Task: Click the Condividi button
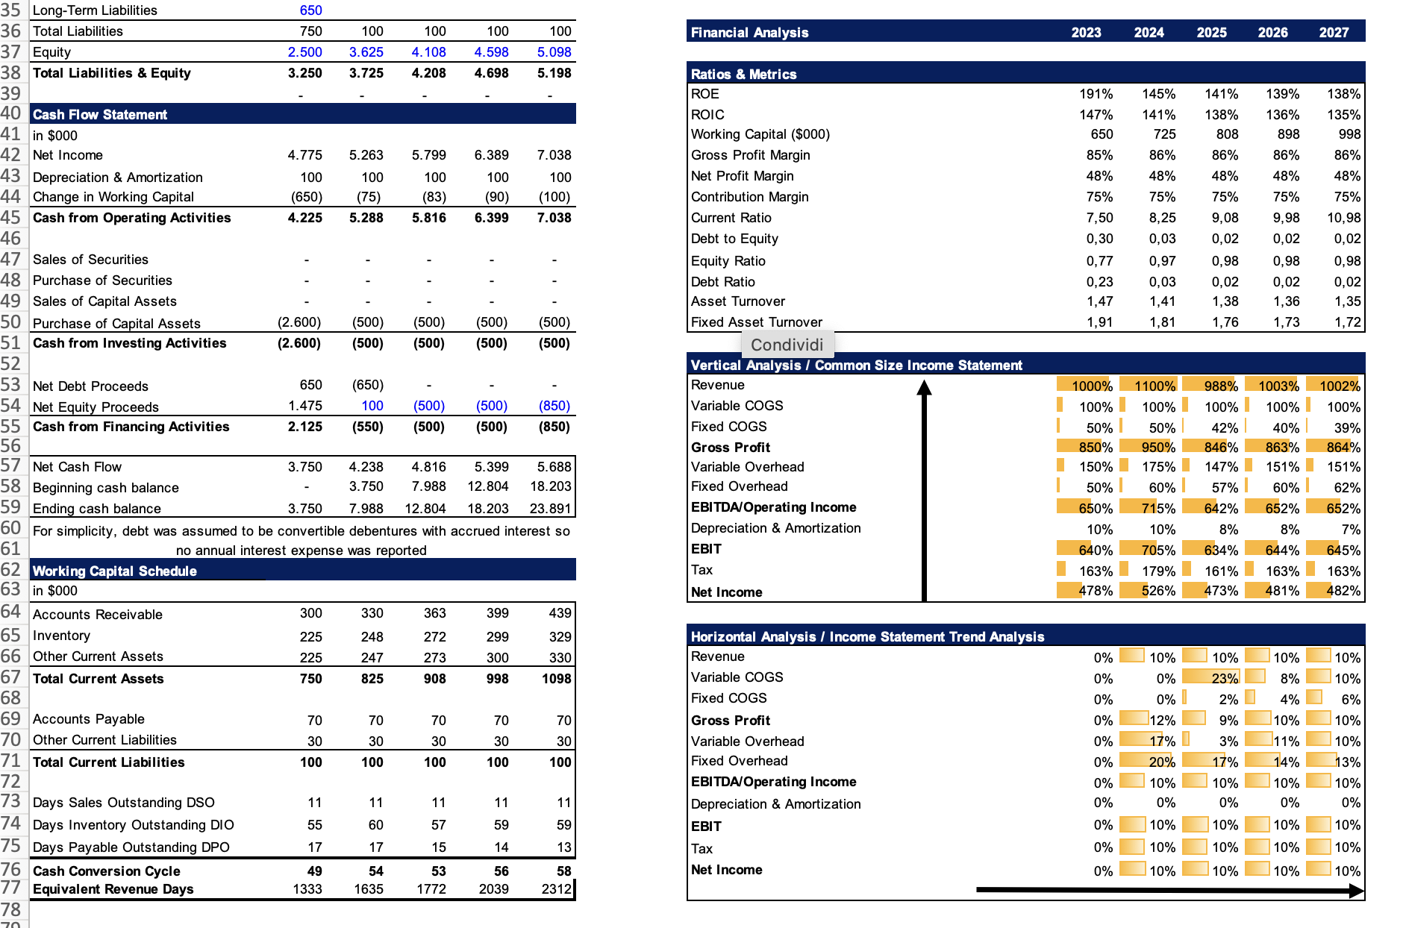click(x=787, y=345)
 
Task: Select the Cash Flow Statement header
click(x=100, y=114)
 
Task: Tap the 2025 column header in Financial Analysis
click(x=1211, y=32)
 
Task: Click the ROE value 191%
click(x=1096, y=94)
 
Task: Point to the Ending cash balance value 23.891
click(x=551, y=509)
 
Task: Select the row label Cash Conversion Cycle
click(x=107, y=871)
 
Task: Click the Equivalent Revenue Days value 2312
click(x=557, y=889)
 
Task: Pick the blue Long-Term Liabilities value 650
click(x=311, y=10)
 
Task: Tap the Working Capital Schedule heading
click(x=115, y=571)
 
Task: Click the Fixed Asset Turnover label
click(x=757, y=322)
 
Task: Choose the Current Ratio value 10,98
click(x=1343, y=218)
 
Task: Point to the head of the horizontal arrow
click(x=1357, y=890)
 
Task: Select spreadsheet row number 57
click(x=11, y=466)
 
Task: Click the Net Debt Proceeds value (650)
click(x=368, y=385)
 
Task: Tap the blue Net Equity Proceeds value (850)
click(x=554, y=406)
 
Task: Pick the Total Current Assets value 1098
click(x=557, y=679)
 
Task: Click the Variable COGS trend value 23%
click(x=1225, y=679)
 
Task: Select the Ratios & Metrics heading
click(x=743, y=74)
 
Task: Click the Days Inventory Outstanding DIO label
click(x=134, y=825)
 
